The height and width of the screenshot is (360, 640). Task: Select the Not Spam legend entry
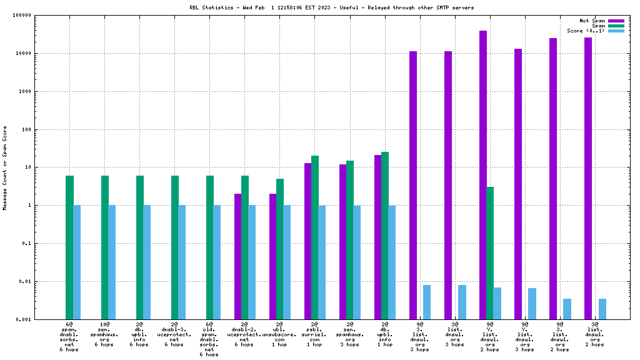pyautogui.click(x=592, y=21)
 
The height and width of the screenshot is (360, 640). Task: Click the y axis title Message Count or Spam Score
pyautogui.click(x=6, y=167)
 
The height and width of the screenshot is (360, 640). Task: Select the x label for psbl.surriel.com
pyautogui.click(x=314, y=334)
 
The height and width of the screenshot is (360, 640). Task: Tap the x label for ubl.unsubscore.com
pyautogui.click(x=279, y=334)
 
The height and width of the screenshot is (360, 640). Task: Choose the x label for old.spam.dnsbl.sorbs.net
pyautogui.click(x=209, y=339)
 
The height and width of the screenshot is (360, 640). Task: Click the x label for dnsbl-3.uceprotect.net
pyautogui.click(x=174, y=334)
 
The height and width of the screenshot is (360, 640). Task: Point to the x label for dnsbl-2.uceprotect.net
pyautogui.click(x=244, y=334)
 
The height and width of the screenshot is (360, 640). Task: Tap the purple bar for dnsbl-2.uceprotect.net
pyautogui.click(x=238, y=256)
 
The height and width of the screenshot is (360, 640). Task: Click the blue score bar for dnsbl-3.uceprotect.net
pyautogui.click(x=182, y=262)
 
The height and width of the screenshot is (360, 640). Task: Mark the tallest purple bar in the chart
pyautogui.click(x=483, y=175)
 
